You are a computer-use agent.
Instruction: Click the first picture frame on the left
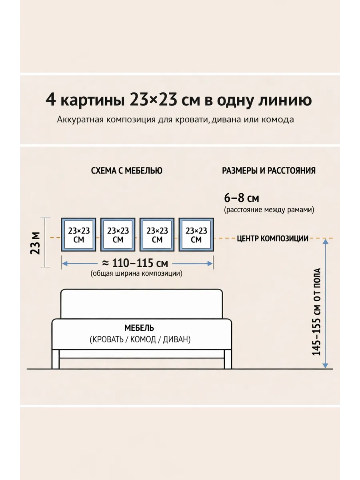pyautogui.click(x=79, y=235)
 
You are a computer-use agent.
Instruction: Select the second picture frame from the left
pyautogui.click(x=118, y=235)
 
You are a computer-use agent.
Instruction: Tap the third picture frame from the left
pyautogui.click(x=157, y=235)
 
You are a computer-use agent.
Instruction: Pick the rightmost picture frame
pyautogui.click(x=196, y=235)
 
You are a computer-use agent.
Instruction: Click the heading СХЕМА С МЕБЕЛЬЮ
pyautogui.click(x=127, y=171)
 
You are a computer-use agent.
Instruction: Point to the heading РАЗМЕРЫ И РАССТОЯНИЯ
pyautogui.click(x=269, y=171)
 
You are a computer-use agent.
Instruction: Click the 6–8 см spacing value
pyautogui.click(x=242, y=198)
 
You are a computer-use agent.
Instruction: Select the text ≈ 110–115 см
pyautogui.click(x=135, y=263)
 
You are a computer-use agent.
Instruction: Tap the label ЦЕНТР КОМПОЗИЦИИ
pyautogui.click(x=273, y=239)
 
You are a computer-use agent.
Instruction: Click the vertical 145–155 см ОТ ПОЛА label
pyautogui.click(x=317, y=312)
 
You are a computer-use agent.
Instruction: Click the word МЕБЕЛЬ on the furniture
pyautogui.click(x=139, y=328)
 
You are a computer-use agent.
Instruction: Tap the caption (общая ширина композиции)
pyautogui.click(x=136, y=274)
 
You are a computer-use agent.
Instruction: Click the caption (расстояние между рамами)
pyautogui.click(x=269, y=210)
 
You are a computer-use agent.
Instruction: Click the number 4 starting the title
pyautogui.click(x=50, y=100)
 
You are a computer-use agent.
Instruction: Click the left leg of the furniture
pyautogui.click(x=56, y=359)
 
